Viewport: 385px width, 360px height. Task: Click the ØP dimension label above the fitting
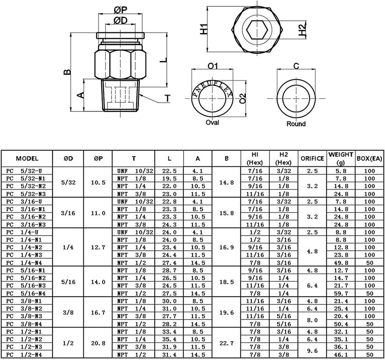(x=121, y=10)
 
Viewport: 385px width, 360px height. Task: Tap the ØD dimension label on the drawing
(x=121, y=20)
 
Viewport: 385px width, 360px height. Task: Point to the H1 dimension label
(x=204, y=29)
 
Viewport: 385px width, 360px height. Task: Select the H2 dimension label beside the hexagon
(x=303, y=29)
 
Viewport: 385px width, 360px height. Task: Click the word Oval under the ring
(x=213, y=122)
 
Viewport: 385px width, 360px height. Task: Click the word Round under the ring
(x=296, y=124)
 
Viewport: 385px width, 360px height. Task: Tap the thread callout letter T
(x=168, y=98)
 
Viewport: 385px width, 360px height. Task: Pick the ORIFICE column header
(x=312, y=158)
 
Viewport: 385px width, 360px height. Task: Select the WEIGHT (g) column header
(x=341, y=158)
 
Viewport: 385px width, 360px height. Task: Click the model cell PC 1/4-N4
(x=24, y=263)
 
